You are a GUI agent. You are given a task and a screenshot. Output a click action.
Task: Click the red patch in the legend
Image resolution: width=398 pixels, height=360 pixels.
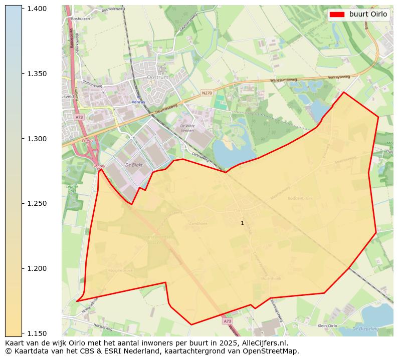pyautogui.click(x=337, y=15)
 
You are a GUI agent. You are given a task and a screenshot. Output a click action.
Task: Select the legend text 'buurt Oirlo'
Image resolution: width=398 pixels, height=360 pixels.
pyautogui.click(x=368, y=15)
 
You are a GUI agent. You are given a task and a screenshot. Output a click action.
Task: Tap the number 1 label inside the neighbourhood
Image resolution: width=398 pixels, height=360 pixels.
pyautogui.click(x=242, y=223)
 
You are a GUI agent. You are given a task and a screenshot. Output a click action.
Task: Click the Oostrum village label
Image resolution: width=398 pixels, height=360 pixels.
pyautogui.click(x=158, y=77)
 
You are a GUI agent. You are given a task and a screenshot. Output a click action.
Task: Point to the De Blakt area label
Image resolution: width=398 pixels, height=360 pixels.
pyautogui.click(x=134, y=165)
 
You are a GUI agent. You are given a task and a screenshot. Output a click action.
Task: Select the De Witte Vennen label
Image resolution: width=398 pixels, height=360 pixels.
pyautogui.click(x=187, y=128)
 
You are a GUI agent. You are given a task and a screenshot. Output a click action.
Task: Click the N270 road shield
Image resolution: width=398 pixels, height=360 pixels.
pyautogui.click(x=207, y=93)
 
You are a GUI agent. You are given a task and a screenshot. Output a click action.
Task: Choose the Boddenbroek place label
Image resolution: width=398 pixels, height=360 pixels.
pyautogui.click(x=300, y=198)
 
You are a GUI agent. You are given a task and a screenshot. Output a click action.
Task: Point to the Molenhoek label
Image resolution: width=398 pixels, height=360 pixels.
pyautogui.click(x=271, y=278)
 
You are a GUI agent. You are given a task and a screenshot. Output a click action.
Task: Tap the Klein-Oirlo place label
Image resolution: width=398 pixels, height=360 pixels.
pyautogui.click(x=327, y=325)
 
